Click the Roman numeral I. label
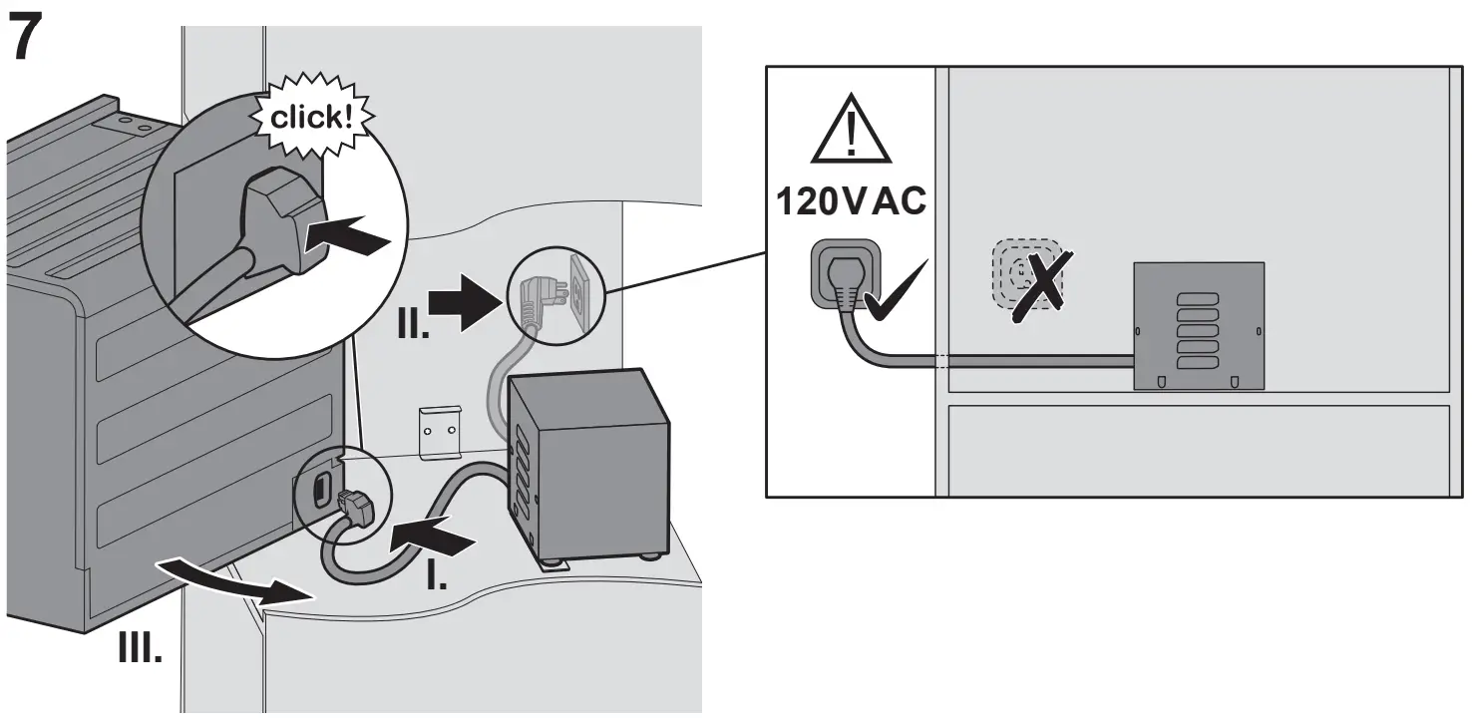tap(436, 575)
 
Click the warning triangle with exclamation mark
tap(850, 132)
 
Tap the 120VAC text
tap(852, 202)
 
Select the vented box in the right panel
tap(1198, 325)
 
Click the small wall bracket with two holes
tap(441, 432)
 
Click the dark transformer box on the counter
tap(588, 464)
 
